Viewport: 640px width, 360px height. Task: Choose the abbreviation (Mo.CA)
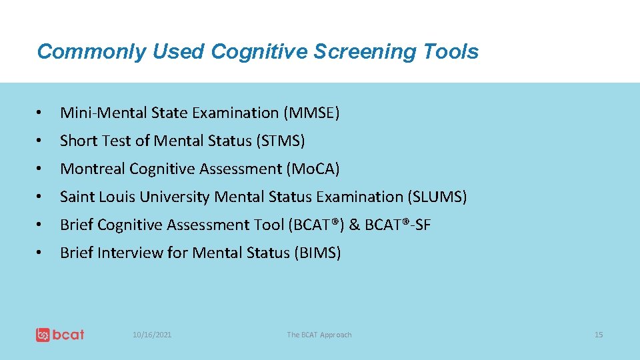(313, 169)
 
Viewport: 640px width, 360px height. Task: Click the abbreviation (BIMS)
(317, 253)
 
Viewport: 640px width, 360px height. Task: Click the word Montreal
(93, 169)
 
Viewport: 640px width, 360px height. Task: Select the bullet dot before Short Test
(41, 141)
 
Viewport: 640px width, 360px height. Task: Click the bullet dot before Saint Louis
(41, 197)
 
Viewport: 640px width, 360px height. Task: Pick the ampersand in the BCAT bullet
(354, 225)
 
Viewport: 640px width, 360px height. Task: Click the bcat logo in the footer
(60, 335)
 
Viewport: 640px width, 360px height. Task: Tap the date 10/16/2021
(152, 335)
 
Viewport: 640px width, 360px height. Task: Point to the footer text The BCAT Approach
(319, 335)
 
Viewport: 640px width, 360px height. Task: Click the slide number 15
(599, 335)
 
